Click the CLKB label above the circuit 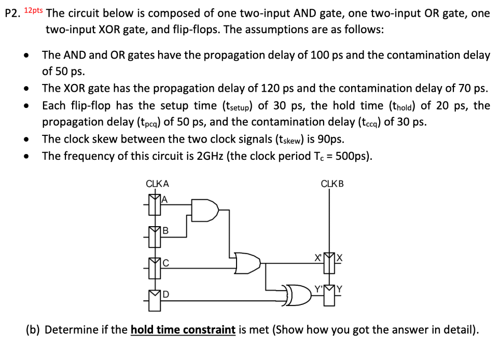(x=332, y=184)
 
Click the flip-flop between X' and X (x=327, y=264)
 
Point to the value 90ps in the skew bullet (x=330, y=139)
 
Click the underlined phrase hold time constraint (x=183, y=330)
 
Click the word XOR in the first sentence (x=108, y=30)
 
